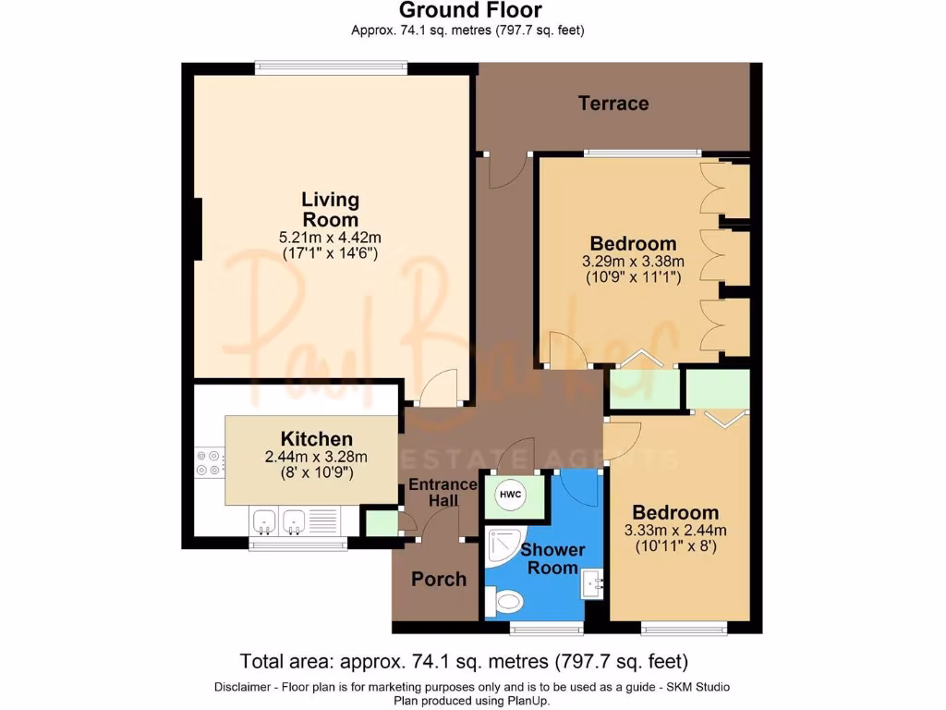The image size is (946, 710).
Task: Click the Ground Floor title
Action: click(x=469, y=11)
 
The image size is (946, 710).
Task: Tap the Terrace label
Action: click(x=613, y=103)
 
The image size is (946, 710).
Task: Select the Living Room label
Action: click(x=330, y=209)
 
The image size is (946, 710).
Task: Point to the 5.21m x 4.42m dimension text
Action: click(x=330, y=238)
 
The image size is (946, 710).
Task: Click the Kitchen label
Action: click(x=316, y=438)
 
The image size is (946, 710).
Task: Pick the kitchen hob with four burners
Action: click(x=209, y=463)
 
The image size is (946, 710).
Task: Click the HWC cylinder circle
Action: click(x=510, y=495)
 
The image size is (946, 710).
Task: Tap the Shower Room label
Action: click(x=552, y=558)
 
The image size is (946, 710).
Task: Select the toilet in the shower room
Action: click(x=505, y=604)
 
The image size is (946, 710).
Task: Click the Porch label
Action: click(x=438, y=579)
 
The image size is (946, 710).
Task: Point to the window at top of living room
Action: click(x=330, y=65)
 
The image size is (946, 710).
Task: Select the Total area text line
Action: click(x=464, y=661)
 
